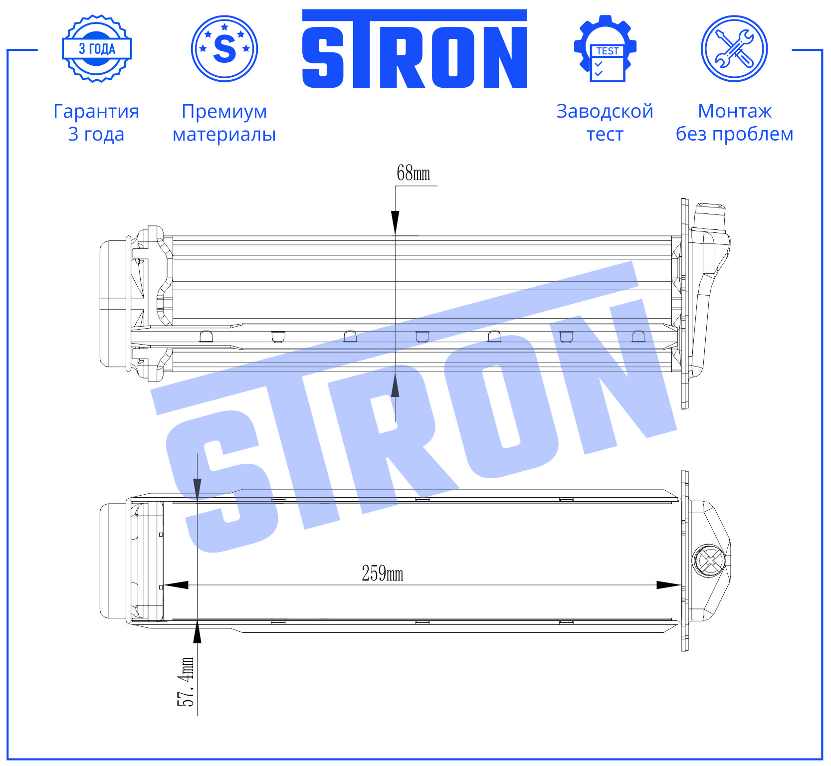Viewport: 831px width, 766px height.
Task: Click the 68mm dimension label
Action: point(413,173)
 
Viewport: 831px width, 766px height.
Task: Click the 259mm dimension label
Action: point(382,574)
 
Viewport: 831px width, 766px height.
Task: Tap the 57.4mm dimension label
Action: point(185,682)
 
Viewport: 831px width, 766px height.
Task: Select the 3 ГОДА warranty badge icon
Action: point(97,49)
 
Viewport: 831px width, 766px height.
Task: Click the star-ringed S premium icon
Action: point(224,48)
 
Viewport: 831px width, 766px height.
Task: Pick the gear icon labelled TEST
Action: point(606,48)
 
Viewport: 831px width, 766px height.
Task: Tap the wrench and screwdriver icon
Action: point(734,48)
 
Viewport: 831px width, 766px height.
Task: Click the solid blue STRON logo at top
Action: point(415,49)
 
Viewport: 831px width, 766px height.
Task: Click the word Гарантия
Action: point(96,111)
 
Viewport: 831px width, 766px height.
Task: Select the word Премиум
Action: point(224,112)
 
